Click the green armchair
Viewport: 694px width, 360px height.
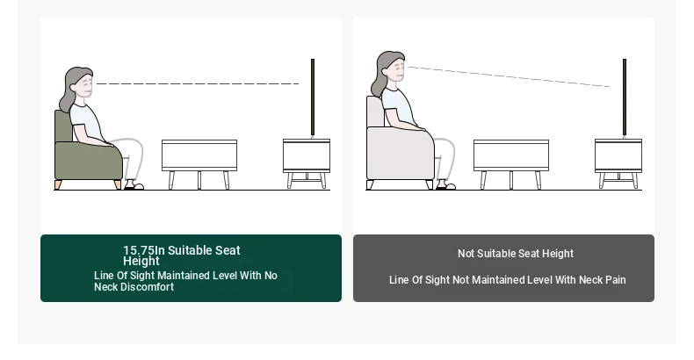pos(88,159)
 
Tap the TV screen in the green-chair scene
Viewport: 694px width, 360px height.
pos(313,97)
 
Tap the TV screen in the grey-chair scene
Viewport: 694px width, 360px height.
pos(625,97)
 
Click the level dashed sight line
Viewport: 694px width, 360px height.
pos(198,83)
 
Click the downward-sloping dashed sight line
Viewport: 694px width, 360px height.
pos(509,76)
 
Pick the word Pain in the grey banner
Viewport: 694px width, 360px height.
pos(616,280)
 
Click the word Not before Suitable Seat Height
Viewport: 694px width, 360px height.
pos(466,254)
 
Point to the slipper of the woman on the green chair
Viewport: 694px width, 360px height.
pos(134,187)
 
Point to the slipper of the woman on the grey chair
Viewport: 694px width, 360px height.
pos(445,187)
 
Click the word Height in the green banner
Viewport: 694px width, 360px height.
pos(141,262)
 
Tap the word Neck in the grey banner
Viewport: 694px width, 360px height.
pos(591,280)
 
